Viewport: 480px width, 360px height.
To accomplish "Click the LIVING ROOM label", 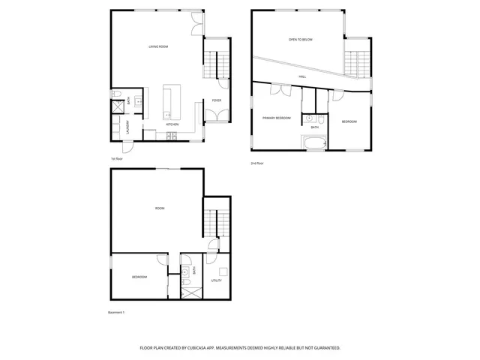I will click(157, 46).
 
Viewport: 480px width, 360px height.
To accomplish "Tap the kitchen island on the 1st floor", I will click(169, 101).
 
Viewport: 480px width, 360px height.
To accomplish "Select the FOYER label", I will click(216, 100).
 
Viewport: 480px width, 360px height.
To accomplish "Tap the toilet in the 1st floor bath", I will click(117, 94).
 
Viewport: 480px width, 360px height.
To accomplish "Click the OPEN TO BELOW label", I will click(300, 39).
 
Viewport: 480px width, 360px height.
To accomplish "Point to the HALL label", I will click(302, 76).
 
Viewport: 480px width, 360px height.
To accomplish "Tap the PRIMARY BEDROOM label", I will click(276, 118).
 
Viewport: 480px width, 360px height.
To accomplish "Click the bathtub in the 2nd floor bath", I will click(313, 142).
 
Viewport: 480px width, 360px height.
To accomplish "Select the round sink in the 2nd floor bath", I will click(309, 118).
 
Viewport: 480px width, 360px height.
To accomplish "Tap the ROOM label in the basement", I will click(159, 208).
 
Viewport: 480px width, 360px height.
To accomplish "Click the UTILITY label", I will click(216, 280).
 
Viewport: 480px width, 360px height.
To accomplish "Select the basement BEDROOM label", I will click(139, 277).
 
